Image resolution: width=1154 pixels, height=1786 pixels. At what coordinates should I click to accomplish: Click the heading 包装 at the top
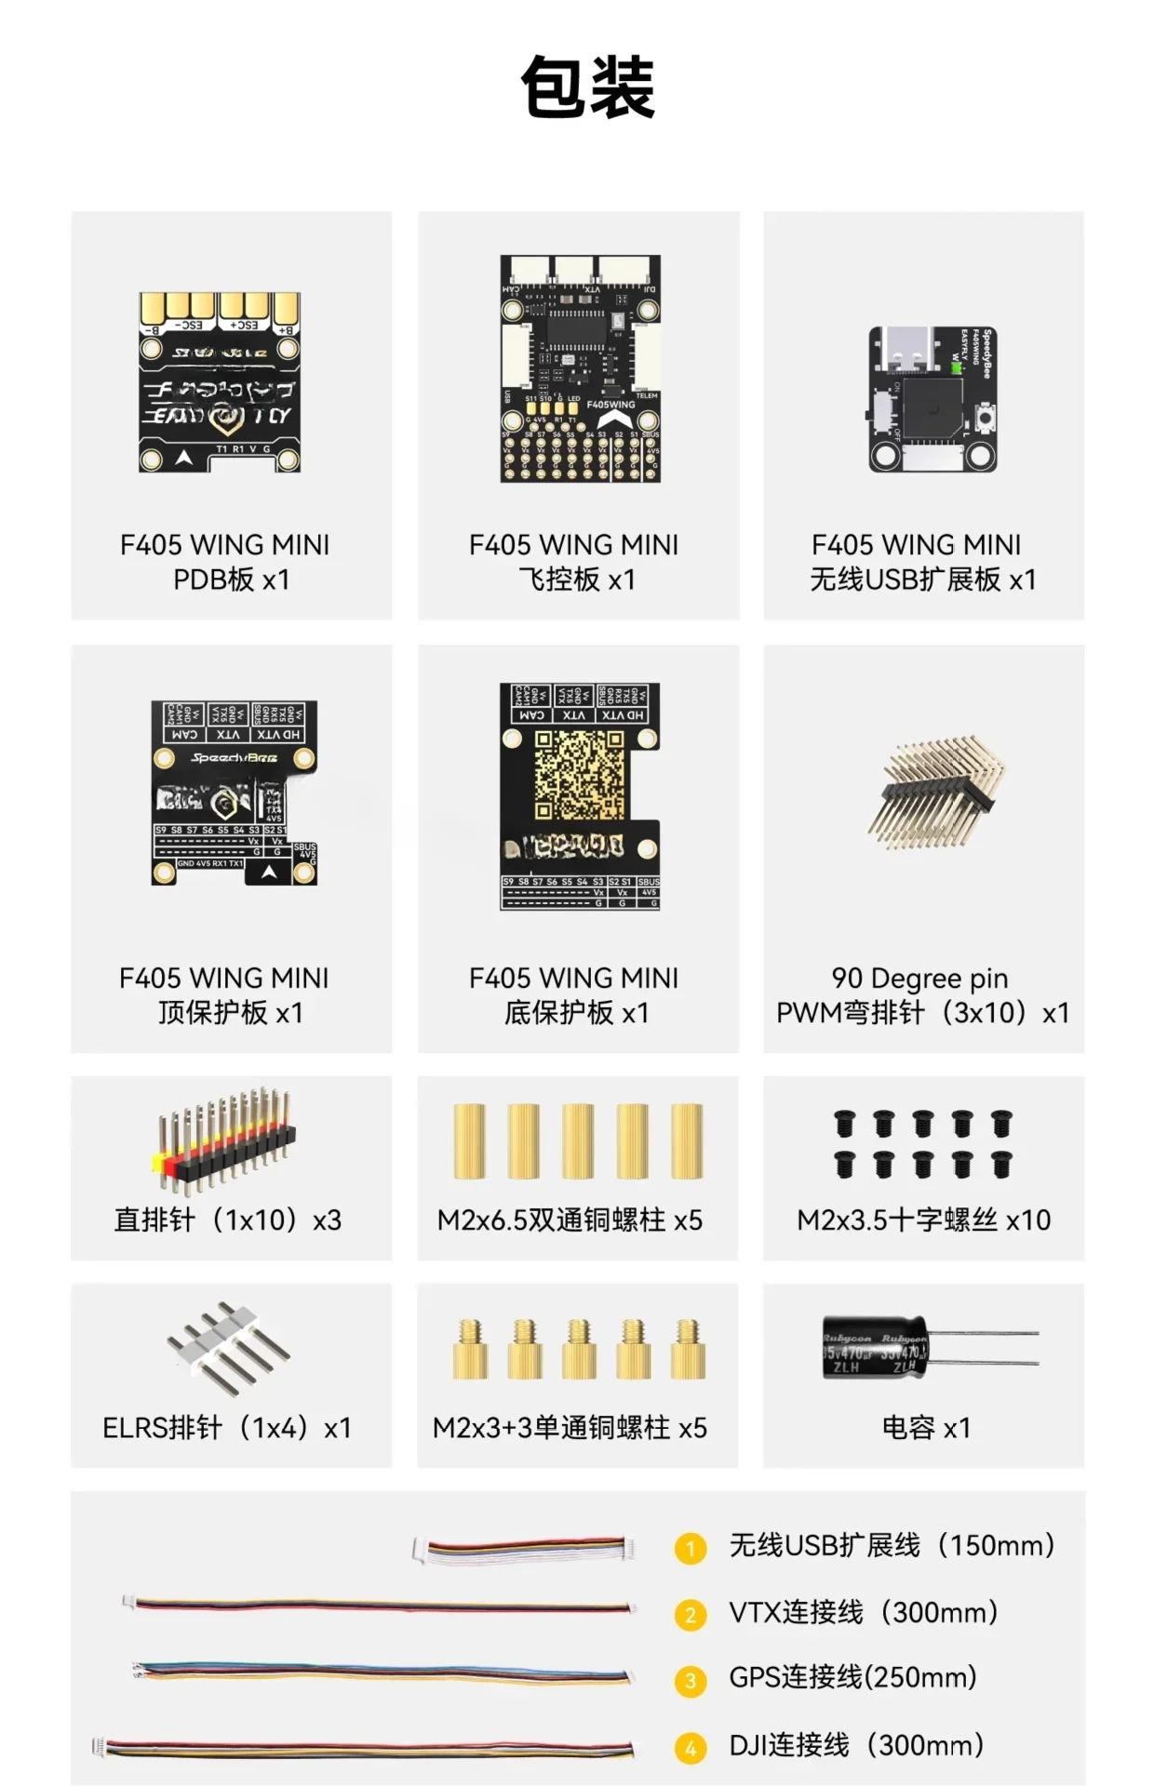tap(587, 87)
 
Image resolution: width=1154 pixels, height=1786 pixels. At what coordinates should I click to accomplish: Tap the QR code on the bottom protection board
tap(579, 776)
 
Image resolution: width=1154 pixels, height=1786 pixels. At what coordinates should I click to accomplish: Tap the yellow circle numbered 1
tap(690, 1549)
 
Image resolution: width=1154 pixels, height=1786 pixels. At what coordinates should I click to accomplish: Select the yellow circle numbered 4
tap(690, 1748)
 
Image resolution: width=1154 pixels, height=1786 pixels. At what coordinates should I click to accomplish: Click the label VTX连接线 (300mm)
tap(863, 1612)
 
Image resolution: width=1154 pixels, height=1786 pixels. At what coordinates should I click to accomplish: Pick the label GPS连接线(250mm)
tap(852, 1677)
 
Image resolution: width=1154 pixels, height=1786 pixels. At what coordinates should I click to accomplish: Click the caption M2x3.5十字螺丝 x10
tap(923, 1220)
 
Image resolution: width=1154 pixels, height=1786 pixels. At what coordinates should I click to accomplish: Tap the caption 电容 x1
tap(925, 1427)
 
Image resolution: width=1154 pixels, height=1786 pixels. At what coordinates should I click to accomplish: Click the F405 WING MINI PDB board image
tap(221, 381)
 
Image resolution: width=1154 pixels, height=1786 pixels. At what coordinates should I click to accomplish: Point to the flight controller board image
tap(580, 368)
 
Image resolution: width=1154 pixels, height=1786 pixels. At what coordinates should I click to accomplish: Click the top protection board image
tap(235, 793)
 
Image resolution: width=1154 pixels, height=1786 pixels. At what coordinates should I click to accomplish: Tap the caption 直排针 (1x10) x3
tap(228, 1220)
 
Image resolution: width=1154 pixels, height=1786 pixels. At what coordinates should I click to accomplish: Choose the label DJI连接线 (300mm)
tap(855, 1745)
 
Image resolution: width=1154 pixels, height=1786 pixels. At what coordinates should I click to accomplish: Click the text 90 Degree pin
tap(919, 978)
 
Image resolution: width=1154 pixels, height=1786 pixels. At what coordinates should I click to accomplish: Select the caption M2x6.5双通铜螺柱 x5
tap(570, 1220)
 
